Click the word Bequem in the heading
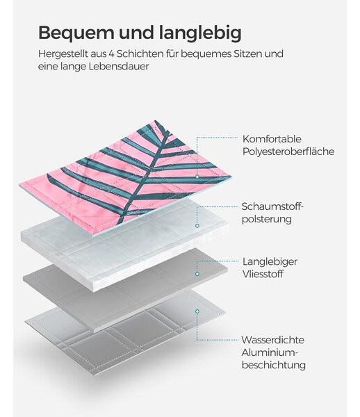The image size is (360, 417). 76,33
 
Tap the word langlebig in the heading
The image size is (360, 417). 200,33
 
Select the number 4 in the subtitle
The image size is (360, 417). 111,54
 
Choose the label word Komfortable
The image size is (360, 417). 272,139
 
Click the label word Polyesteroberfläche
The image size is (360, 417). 288,152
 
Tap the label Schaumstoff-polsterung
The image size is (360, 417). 272,213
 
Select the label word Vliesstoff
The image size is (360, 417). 263,274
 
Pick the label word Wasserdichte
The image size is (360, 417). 273,340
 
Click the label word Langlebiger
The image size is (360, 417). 270,261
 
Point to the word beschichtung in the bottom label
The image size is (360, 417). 274,365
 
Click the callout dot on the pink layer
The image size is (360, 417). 197,177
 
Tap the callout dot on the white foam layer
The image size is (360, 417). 197,226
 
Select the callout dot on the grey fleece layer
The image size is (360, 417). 197,274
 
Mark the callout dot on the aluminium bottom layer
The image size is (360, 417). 197,311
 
